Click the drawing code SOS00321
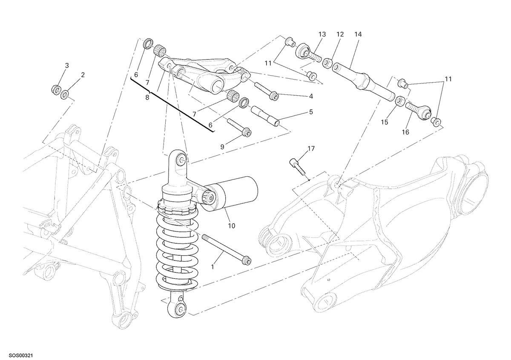(21, 355)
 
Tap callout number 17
(311, 149)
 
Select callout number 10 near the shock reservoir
(231, 226)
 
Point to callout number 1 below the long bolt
(212, 266)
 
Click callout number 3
(66, 66)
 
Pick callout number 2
(83, 75)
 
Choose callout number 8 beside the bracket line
(147, 97)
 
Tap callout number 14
(358, 34)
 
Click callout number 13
(322, 34)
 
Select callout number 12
(340, 34)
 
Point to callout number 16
(405, 132)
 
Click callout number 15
(385, 123)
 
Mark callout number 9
(222, 147)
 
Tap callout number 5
(311, 112)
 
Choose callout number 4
(311, 96)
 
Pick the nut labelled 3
(56, 89)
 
